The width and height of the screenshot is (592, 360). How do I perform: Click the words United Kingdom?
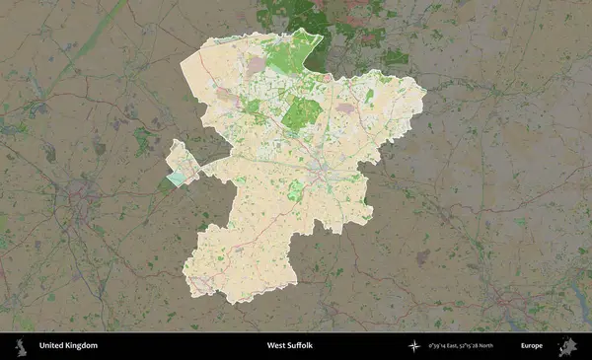coord(68,346)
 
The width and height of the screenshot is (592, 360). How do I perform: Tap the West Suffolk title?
coord(289,346)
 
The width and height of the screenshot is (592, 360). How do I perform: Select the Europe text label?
coord(532,346)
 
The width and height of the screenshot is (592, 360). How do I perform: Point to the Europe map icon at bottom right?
coord(567,346)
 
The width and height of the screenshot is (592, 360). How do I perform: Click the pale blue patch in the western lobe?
coord(176,179)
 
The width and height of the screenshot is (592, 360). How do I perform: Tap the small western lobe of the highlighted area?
coord(182,163)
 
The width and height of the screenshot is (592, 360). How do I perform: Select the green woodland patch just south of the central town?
coord(294,193)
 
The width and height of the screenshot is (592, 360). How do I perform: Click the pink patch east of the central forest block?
coord(344,108)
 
